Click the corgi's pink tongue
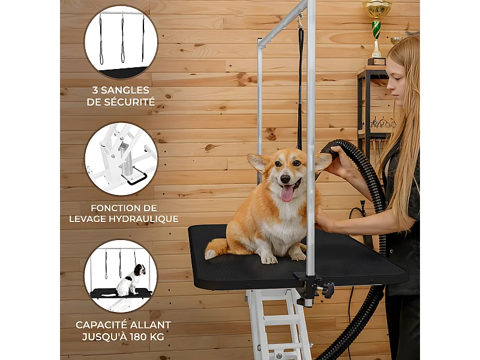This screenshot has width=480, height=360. coord(287,193)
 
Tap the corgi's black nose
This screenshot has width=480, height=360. coord(286,178)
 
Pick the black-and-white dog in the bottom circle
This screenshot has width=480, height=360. coord(131,280)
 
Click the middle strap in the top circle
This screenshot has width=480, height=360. coord(123,39)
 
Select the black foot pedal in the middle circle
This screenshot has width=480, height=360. coord(134,179)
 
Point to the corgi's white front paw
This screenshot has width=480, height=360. coord(269,259)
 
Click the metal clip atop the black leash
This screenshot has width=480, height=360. coord(301,22)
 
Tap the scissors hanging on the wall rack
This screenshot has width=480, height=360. coord(383,122)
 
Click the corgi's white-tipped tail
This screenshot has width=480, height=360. coord(216,248)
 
